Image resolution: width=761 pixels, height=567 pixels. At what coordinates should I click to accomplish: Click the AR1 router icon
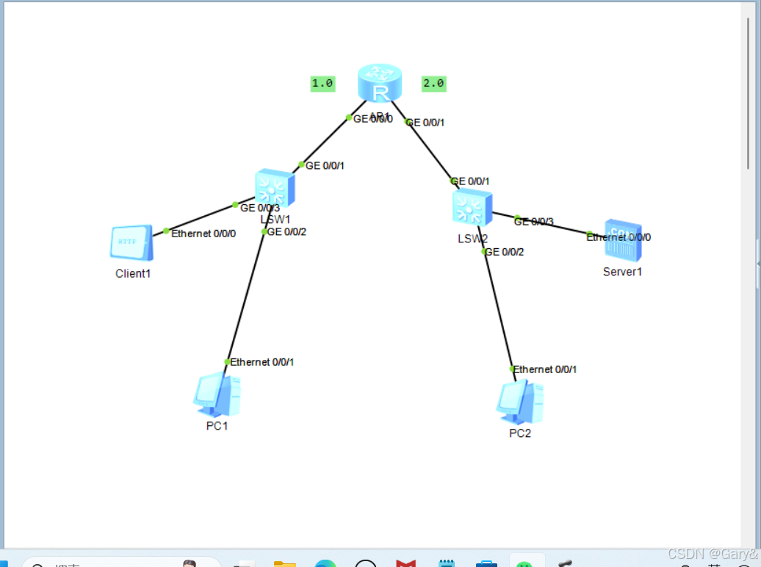coord(380,83)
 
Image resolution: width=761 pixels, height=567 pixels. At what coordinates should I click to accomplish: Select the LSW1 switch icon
coord(275,189)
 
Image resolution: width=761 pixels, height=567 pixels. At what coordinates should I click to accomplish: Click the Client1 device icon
coord(131,242)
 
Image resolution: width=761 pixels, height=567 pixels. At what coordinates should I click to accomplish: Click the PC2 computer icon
coord(520,402)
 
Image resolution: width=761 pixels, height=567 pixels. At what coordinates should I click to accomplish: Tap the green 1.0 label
coord(322,84)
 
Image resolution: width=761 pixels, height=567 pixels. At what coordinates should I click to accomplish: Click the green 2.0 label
coord(433,84)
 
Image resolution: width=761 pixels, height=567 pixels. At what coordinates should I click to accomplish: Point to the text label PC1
coord(217,426)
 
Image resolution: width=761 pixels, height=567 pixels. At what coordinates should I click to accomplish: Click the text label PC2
coord(520,433)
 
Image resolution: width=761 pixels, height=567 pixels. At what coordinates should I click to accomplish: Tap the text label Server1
coord(623,272)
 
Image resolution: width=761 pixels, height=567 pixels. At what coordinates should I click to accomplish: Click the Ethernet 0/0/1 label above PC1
coord(262,362)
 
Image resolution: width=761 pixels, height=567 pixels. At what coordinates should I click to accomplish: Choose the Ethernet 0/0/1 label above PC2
coord(544,369)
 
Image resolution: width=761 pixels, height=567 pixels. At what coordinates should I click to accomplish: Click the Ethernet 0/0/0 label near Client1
coord(203,234)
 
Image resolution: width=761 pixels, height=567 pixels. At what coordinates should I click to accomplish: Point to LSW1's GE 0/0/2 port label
coord(286,232)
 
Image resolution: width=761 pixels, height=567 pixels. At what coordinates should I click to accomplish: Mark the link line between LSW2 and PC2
coord(498,308)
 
